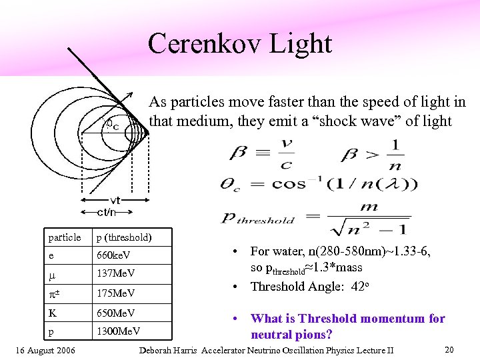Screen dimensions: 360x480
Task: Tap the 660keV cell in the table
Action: pyautogui.click(x=113, y=255)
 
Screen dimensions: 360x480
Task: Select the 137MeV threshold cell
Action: pyautogui.click(x=116, y=274)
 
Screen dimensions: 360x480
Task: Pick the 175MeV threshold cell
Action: pyautogui.click(x=116, y=293)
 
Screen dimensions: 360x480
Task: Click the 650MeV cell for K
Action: pyautogui.click(x=116, y=313)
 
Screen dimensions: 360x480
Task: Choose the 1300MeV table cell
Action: pyautogui.click(x=119, y=331)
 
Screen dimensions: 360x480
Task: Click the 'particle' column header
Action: pyautogui.click(x=65, y=237)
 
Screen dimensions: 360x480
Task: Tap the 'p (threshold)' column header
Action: pyautogui.click(x=124, y=237)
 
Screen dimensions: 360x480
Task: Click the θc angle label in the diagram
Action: pyautogui.click(x=113, y=125)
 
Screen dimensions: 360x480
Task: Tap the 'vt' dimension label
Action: pyautogui.click(x=115, y=201)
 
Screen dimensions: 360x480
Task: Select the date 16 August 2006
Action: pyautogui.click(x=45, y=351)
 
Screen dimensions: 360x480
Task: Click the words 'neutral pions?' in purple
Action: pyautogui.click(x=291, y=334)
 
